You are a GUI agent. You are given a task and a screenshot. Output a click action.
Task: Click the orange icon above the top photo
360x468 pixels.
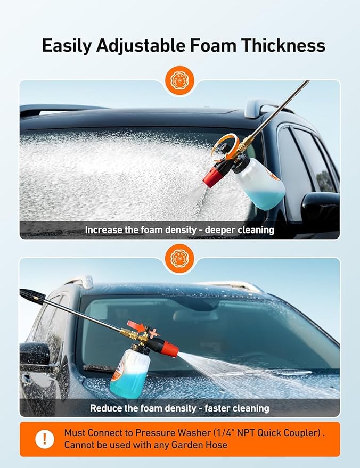179,81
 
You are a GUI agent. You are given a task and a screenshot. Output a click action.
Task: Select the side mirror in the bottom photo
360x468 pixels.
35,354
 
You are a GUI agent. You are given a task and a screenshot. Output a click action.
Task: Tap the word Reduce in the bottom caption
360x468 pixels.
105,408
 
